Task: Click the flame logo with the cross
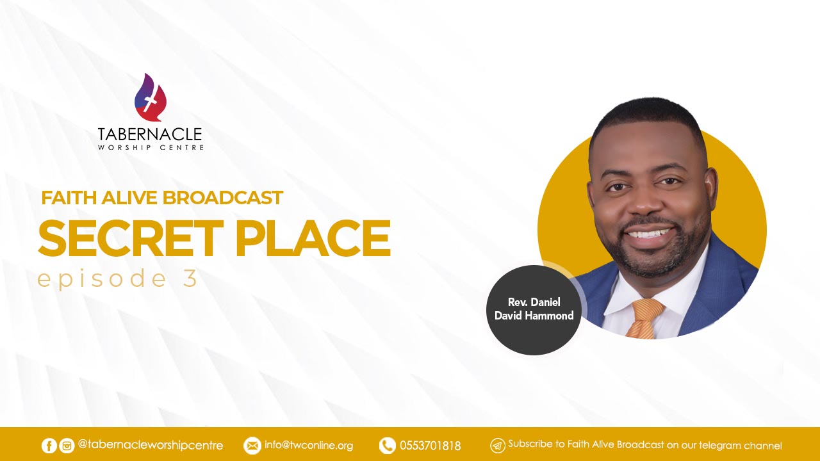click(150, 97)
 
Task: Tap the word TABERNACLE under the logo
click(150, 134)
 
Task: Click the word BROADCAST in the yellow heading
click(222, 198)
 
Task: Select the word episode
click(102, 279)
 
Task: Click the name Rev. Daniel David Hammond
click(534, 309)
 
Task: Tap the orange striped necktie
click(645, 318)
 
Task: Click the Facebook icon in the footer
click(49, 446)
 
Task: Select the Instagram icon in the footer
click(67, 446)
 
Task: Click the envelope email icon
click(252, 446)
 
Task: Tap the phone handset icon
click(388, 446)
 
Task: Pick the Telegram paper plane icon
click(498, 446)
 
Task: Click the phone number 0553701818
click(430, 446)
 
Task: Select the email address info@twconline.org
click(309, 446)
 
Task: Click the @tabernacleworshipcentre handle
click(151, 445)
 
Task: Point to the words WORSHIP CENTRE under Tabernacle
click(151, 147)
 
